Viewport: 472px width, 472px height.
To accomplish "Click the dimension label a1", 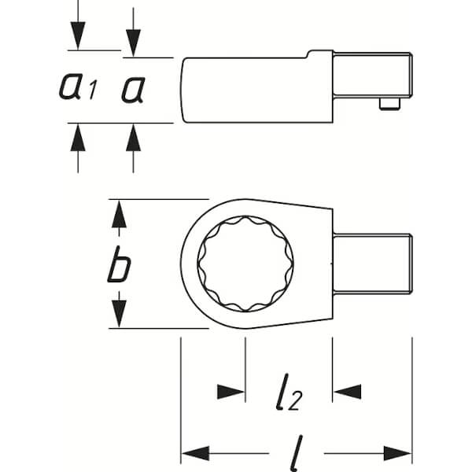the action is [78, 87].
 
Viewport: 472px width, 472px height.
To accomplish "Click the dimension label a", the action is [134, 90].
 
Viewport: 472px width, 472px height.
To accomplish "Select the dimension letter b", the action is [119, 264].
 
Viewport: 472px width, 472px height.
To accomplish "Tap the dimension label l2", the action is [289, 392].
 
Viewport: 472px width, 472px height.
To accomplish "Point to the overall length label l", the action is [297, 453].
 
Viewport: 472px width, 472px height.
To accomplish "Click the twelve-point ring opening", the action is [245, 264].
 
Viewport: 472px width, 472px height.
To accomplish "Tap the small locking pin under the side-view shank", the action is [389, 104].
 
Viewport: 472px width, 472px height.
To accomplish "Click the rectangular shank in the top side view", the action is [373, 75].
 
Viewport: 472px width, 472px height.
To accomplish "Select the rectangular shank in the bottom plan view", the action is [373, 264].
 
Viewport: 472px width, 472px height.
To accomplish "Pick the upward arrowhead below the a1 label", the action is [78, 138].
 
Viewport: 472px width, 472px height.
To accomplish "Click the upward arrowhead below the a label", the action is [134, 138].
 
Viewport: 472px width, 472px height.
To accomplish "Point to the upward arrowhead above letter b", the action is [120, 214].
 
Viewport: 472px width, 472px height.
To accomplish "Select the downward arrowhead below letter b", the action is [120, 314].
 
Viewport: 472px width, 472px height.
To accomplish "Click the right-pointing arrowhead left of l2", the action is [230, 392].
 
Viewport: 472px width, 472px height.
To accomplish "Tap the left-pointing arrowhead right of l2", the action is [348, 392].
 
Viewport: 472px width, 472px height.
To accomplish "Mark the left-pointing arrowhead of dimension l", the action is [196, 453].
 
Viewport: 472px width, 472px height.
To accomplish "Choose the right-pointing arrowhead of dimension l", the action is [397, 453].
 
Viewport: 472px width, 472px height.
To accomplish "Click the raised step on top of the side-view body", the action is [319, 53].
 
